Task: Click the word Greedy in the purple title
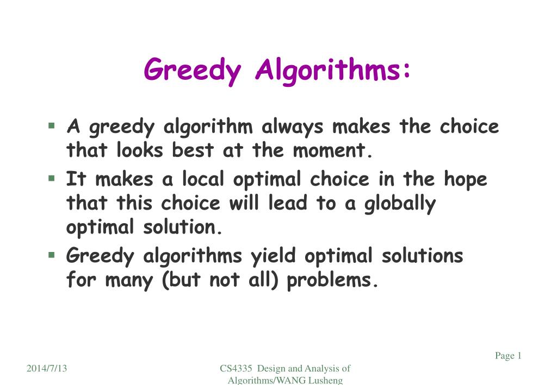click(x=193, y=71)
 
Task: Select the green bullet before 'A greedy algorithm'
click(x=52, y=126)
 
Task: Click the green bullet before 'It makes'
click(x=52, y=178)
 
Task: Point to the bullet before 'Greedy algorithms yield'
click(x=52, y=254)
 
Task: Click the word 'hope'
click(x=466, y=179)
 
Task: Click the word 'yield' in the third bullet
click(x=273, y=256)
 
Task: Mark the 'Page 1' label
click(x=508, y=356)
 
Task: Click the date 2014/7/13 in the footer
click(x=47, y=369)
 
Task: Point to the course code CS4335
click(x=236, y=369)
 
